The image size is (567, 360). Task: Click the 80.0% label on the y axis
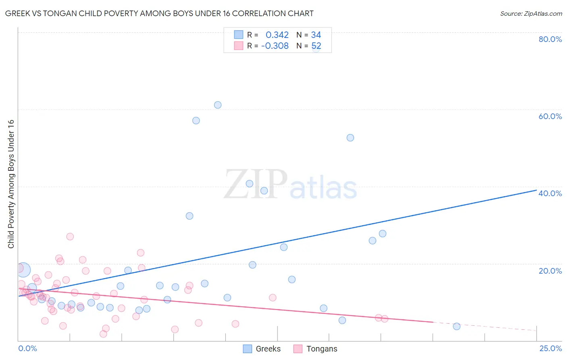click(x=550, y=39)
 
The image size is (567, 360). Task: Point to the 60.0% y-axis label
click(x=550, y=116)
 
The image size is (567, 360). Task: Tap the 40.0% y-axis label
click(x=550, y=193)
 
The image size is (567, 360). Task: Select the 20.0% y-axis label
click(x=550, y=271)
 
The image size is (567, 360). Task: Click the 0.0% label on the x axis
click(x=27, y=348)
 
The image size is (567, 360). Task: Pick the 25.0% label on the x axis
click(x=550, y=348)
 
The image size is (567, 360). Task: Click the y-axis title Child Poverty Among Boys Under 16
click(x=11, y=184)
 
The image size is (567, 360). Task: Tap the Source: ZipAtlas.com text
click(x=531, y=13)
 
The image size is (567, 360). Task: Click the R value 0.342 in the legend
click(x=277, y=35)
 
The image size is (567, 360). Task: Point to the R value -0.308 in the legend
click(x=275, y=46)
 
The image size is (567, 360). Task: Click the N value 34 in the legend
click(x=316, y=35)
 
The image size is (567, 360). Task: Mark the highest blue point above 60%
click(x=218, y=105)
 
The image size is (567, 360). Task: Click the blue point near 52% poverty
click(x=350, y=138)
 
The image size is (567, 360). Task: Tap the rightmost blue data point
click(x=457, y=327)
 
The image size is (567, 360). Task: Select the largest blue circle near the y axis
click(x=23, y=270)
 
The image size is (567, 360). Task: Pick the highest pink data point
click(x=70, y=237)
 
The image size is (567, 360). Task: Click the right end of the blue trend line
click(x=536, y=190)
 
